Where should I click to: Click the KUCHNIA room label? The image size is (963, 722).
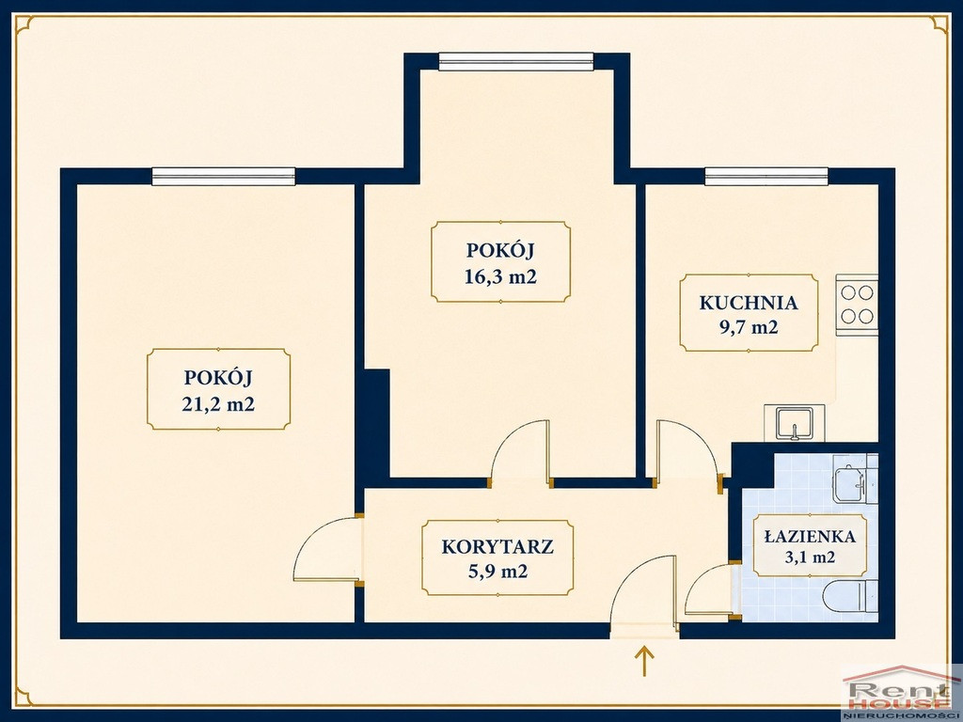pos(749,303)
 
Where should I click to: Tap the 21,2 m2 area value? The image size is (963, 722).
pos(218,404)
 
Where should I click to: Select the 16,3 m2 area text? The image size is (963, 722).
pos(500,277)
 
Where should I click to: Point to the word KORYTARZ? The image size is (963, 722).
pos(497,546)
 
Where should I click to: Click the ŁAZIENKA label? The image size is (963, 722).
pos(810,536)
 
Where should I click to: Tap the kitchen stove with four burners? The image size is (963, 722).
pos(857,305)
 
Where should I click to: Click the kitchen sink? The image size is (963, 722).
pos(794,423)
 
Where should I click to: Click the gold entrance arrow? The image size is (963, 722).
pos(644,661)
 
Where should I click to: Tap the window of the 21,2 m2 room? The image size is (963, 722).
pos(224,176)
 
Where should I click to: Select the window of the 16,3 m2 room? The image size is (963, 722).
pos(516,61)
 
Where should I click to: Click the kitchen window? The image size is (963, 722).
pos(766,176)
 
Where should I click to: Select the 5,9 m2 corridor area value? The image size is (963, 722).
pos(497,572)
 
